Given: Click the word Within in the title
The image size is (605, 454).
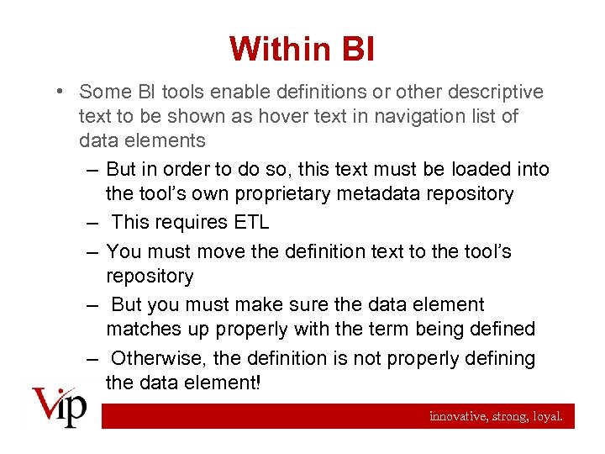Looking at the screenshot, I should tap(275, 49).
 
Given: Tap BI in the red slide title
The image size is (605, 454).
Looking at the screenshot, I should tap(353, 49).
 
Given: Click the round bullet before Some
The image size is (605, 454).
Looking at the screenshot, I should tap(63, 92).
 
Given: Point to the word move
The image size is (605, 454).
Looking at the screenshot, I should tap(221, 251).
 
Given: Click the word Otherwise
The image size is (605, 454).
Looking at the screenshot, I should tap(159, 358).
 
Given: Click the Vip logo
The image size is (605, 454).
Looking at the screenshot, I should tap(59, 409).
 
